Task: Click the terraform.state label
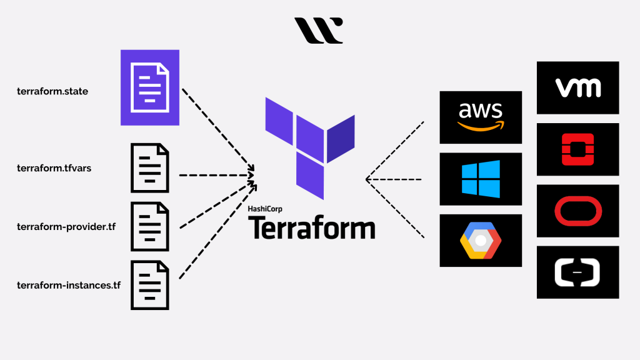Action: tap(52, 91)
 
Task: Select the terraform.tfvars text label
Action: tap(54, 169)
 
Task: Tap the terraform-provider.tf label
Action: tap(66, 226)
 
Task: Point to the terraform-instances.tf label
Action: tap(69, 286)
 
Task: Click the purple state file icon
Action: tap(149, 87)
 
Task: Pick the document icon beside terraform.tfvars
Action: tap(149, 168)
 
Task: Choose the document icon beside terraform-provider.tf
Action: tap(149, 226)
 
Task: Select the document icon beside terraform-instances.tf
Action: tap(149, 285)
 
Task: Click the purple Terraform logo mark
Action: tap(309, 147)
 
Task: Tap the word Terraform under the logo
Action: tap(312, 228)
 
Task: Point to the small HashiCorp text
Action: tap(265, 209)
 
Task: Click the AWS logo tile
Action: tap(481, 117)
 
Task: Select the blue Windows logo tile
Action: tap(481, 179)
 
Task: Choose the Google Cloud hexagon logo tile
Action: tap(481, 240)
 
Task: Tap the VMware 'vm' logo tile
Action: tap(577, 87)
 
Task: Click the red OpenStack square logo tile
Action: tap(577, 149)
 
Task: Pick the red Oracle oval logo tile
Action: tap(577, 211)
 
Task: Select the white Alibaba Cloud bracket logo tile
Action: tap(577, 272)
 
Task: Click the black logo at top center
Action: tap(318, 31)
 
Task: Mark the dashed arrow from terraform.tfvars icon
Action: tap(216, 175)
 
